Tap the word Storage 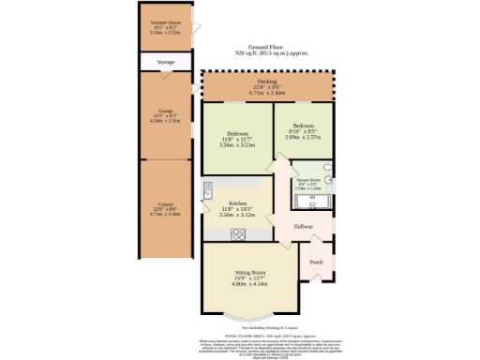click(165, 62)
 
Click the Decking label click(267, 82)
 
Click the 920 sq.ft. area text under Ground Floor click(271, 53)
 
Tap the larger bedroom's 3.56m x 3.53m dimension click(236, 145)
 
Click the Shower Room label click(308, 179)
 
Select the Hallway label click(303, 228)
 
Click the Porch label click(316, 262)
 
